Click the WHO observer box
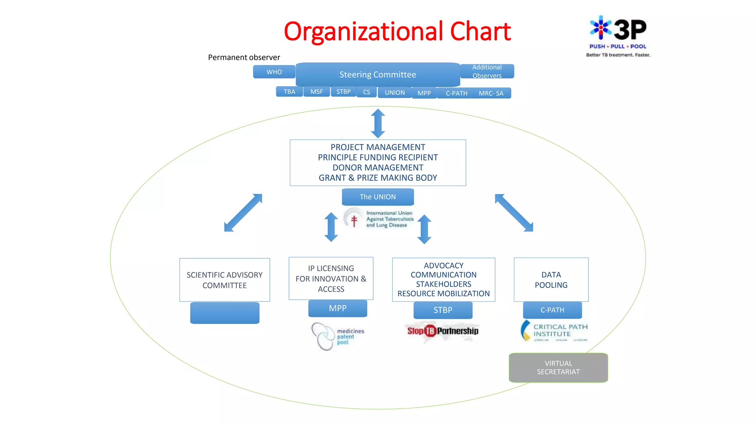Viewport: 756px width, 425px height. [274, 72]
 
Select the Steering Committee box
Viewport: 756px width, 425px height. [378, 75]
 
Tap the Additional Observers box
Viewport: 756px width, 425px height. [487, 71]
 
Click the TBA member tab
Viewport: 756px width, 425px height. [289, 91]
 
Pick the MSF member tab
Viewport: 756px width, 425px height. [316, 91]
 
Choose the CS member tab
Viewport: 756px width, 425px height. [366, 92]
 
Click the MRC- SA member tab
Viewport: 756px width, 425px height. [491, 93]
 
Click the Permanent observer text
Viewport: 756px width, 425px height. [244, 57]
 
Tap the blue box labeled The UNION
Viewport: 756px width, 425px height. [378, 197]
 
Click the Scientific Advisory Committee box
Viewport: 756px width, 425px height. [224, 280]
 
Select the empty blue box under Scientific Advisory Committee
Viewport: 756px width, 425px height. [224, 313]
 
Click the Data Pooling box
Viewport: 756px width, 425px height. [551, 280]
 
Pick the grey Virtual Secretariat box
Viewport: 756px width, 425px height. [558, 367]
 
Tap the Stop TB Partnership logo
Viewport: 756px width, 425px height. [443, 331]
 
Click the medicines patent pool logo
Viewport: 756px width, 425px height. [337, 336]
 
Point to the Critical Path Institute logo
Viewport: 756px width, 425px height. [554, 331]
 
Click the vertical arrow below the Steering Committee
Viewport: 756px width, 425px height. [378, 123]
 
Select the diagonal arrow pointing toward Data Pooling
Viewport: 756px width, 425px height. [514, 213]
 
